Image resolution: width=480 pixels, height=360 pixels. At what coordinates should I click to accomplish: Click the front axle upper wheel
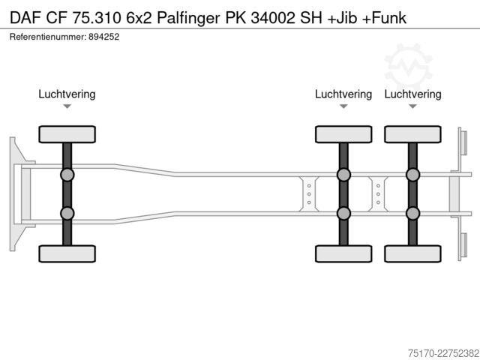click(x=67, y=134)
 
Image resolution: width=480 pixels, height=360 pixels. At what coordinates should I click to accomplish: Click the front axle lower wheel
click(x=67, y=253)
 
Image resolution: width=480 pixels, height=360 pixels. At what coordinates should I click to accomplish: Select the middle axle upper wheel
click(x=343, y=134)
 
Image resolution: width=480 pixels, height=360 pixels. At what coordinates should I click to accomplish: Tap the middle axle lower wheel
click(x=343, y=253)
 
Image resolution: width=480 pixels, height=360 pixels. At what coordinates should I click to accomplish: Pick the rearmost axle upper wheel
click(x=412, y=134)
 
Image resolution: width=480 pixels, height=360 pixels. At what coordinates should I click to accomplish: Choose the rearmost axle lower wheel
click(x=412, y=253)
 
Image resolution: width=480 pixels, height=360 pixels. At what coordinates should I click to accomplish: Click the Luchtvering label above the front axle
click(x=67, y=94)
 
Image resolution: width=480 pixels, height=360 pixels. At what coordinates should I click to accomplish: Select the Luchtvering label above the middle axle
click(x=343, y=94)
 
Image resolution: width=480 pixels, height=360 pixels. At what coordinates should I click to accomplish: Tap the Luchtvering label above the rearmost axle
click(x=412, y=94)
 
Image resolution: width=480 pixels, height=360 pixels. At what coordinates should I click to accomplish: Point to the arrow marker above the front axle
click(x=67, y=106)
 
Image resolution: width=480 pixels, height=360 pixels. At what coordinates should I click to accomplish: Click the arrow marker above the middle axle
click(x=343, y=106)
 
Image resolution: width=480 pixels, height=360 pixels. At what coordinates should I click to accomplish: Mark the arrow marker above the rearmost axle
click(x=412, y=106)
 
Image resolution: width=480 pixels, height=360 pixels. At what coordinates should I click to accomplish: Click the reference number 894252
click(x=103, y=37)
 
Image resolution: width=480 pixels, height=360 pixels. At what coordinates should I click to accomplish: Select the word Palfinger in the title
click(x=188, y=18)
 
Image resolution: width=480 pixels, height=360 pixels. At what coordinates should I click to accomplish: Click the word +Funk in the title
click(x=384, y=18)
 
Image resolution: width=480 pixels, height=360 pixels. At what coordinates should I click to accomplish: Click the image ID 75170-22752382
click(x=443, y=353)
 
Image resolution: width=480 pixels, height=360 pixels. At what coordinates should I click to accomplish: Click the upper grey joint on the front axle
click(x=67, y=175)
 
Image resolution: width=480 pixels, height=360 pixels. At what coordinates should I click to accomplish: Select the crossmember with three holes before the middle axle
click(x=309, y=194)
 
